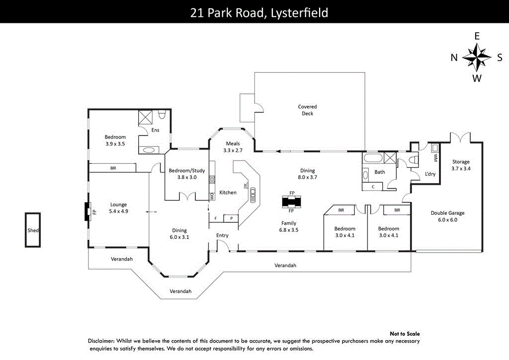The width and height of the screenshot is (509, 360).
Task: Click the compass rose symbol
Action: point(477,57)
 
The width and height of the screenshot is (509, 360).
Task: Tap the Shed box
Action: point(33,230)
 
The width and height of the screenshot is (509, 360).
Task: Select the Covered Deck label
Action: point(307,110)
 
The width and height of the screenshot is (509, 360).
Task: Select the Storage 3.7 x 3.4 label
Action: point(460,165)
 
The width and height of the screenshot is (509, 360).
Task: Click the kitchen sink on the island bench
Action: point(253,194)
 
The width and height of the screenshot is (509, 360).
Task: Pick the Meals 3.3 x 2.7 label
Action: point(233,147)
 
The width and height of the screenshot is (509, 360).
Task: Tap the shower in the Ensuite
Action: point(146,117)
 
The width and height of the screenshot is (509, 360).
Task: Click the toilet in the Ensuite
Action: point(161,115)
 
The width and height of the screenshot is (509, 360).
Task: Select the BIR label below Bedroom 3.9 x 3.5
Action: point(113,169)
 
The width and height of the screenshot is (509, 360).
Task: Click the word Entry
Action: point(222,235)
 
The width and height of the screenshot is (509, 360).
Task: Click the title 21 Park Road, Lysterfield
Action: point(259,12)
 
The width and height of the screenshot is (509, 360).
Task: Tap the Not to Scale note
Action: point(405,334)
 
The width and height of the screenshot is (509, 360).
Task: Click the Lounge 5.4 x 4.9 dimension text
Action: point(118,211)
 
